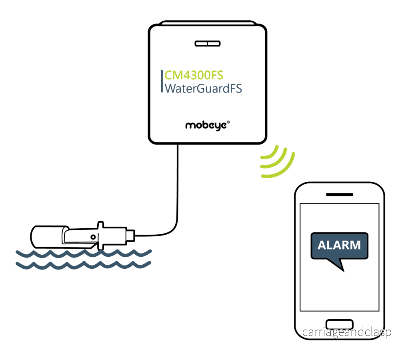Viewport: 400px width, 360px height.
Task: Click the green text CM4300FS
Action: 194,75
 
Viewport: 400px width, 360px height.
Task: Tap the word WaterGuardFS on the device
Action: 203,88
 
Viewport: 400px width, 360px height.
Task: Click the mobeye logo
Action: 207,126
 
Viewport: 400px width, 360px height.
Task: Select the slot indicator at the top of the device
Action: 207,44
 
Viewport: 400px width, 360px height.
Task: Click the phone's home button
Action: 340,324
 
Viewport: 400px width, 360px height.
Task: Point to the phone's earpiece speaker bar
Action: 339,195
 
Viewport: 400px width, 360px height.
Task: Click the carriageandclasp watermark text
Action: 347,332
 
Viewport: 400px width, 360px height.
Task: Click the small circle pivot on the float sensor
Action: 93,237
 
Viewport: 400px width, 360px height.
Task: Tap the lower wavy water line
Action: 83,265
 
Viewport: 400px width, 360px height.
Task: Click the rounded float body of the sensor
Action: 48,237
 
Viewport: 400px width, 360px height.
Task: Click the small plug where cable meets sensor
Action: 130,235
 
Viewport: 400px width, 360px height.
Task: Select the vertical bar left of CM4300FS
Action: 162,81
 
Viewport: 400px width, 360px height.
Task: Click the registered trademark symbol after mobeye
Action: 228,122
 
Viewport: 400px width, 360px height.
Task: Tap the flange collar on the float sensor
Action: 100,235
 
